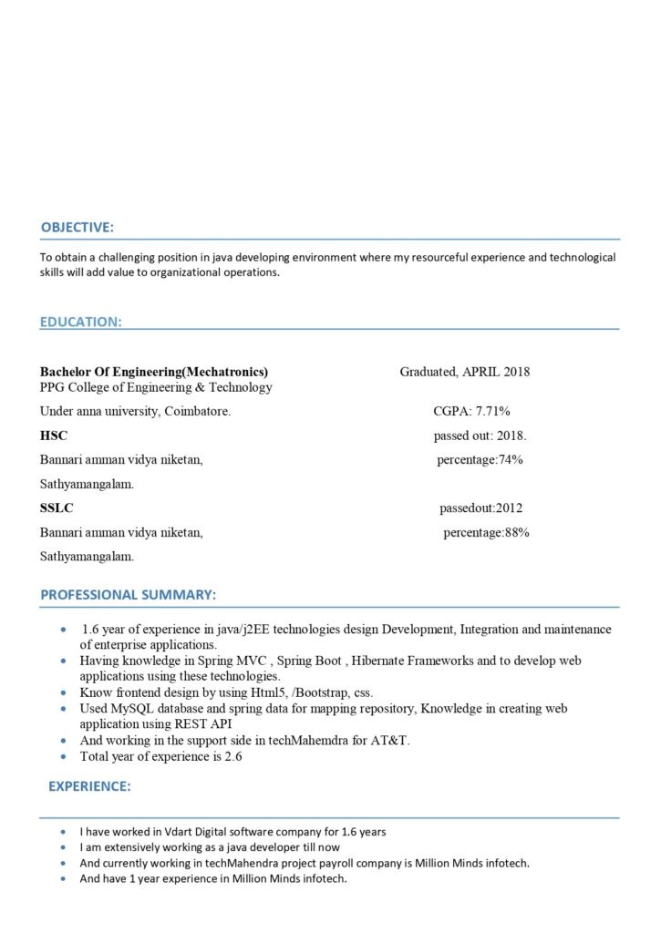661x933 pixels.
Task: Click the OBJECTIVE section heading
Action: [x=77, y=227]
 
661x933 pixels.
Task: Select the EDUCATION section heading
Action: [x=81, y=322]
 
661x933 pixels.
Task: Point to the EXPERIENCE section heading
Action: [x=89, y=785]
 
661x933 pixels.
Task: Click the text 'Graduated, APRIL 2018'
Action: [x=465, y=372]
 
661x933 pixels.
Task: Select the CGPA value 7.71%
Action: [x=492, y=411]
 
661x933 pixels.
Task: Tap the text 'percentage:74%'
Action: [x=480, y=459]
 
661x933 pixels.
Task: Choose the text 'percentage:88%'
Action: [x=486, y=532]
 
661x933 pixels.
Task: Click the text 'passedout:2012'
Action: [x=480, y=508]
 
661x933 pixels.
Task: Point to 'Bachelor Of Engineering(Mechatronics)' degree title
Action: [x=154, y=372]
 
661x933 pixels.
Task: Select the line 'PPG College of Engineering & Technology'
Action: [x=156, y=387]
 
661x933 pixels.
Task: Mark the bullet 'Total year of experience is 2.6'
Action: [x=160, y=756]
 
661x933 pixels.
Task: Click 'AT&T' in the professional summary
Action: [x=390, y=740]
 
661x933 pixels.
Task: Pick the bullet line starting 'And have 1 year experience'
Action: [x=213, y=879]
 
